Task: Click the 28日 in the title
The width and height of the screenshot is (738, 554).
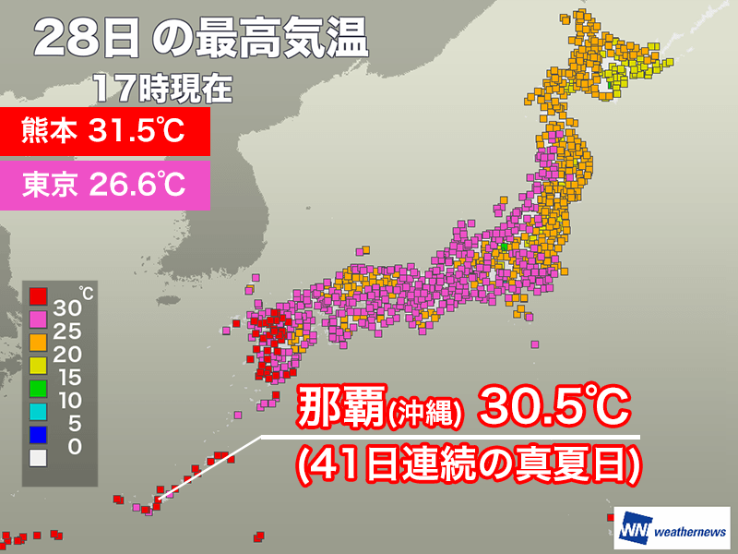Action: coord(88,42)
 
